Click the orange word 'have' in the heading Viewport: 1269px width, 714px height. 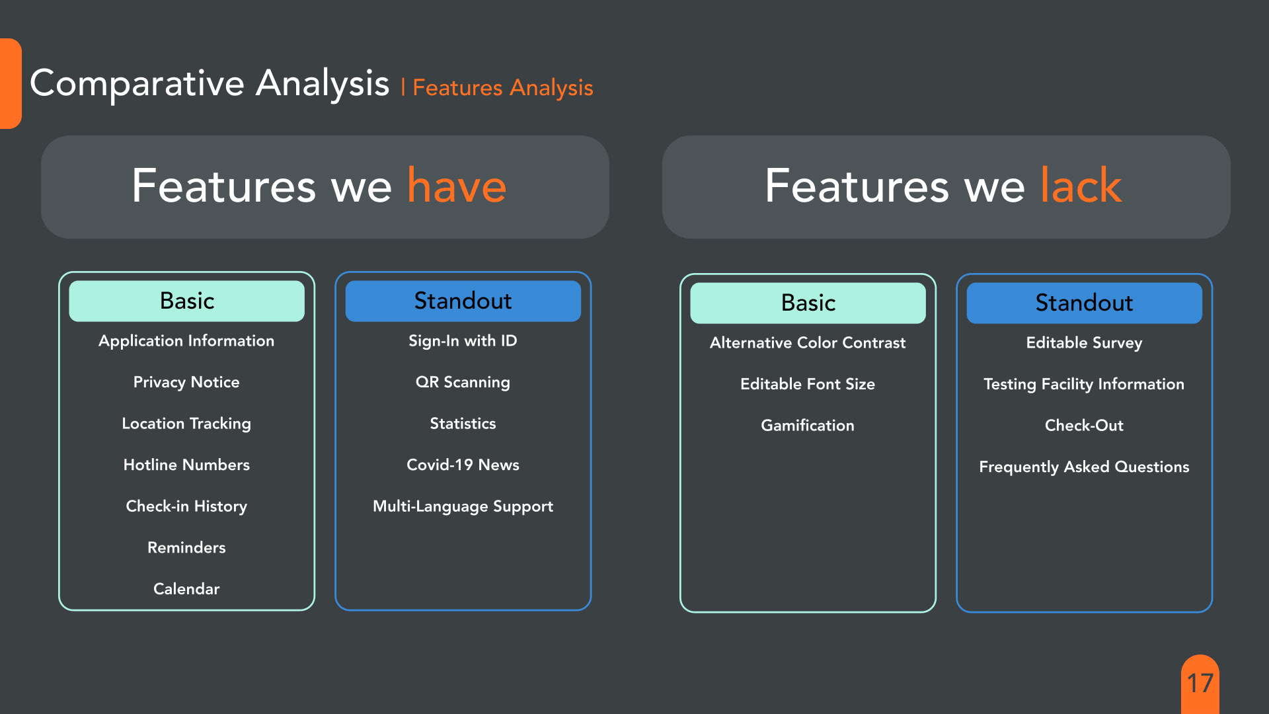[x=457, y=186]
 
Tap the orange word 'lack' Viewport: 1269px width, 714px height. [x=1081, y=185]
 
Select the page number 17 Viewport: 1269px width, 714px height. [x=1200, y=683]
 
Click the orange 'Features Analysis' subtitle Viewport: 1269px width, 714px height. [x=503, y=88]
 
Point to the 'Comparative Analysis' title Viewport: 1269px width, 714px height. [x=210, y=84]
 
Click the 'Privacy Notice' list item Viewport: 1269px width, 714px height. [x=186, y=382]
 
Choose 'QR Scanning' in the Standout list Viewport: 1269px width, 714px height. [x=463, y=382]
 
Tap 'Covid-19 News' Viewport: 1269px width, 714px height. [x=463, y=465]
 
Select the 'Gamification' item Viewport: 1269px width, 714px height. [x=808, y=425]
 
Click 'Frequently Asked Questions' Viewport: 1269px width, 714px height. [x=1084, y=467]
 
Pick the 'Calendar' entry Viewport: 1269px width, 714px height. [x=186, y=588]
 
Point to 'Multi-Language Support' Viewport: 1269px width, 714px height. [x=463, y=506]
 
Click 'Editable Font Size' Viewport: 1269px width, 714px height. [x=808, y=384]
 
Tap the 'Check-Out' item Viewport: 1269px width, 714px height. [x=1084, y=425]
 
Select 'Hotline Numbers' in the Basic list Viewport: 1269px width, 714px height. [x=186, y=465]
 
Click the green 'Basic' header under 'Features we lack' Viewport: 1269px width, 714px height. [x=808, y=303]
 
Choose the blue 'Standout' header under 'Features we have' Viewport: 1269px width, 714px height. [x=463, y=301]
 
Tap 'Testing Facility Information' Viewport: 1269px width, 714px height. [x=1084, y=384]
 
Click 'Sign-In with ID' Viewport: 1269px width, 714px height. [x=463, y=340]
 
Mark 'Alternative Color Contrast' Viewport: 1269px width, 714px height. [x=808, y=342]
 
